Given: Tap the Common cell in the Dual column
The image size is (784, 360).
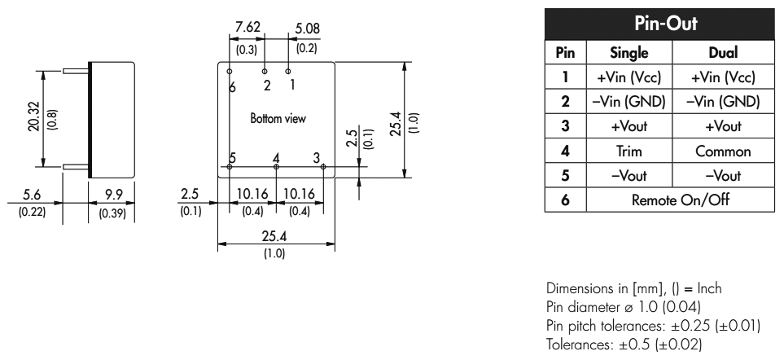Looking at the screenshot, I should pos(722,151).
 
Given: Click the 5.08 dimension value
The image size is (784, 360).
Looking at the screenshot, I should pos(308,29).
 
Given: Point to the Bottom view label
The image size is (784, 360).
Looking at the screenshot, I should pos(278,119).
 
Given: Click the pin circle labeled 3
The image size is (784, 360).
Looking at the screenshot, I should pos(323,167).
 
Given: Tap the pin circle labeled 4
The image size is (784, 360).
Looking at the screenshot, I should pos(277,167).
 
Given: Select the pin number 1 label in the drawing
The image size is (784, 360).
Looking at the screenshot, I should pos(291,84).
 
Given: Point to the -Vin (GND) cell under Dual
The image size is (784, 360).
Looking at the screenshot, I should pos(722,102).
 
